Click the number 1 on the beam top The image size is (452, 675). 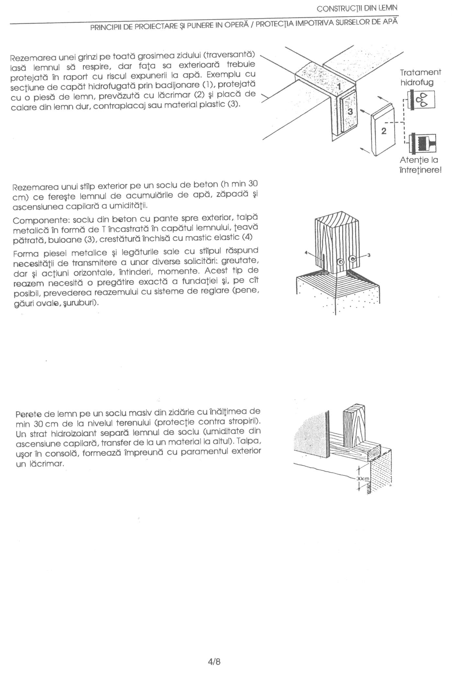338,86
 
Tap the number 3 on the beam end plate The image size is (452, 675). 350,111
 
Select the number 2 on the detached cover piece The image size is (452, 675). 384,131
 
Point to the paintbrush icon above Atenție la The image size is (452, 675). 423,143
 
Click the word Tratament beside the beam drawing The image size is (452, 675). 420,72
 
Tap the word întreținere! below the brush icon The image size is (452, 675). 420,170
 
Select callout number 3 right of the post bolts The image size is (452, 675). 368,256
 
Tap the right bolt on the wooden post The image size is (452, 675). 352,258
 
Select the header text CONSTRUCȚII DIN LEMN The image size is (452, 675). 357,8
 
